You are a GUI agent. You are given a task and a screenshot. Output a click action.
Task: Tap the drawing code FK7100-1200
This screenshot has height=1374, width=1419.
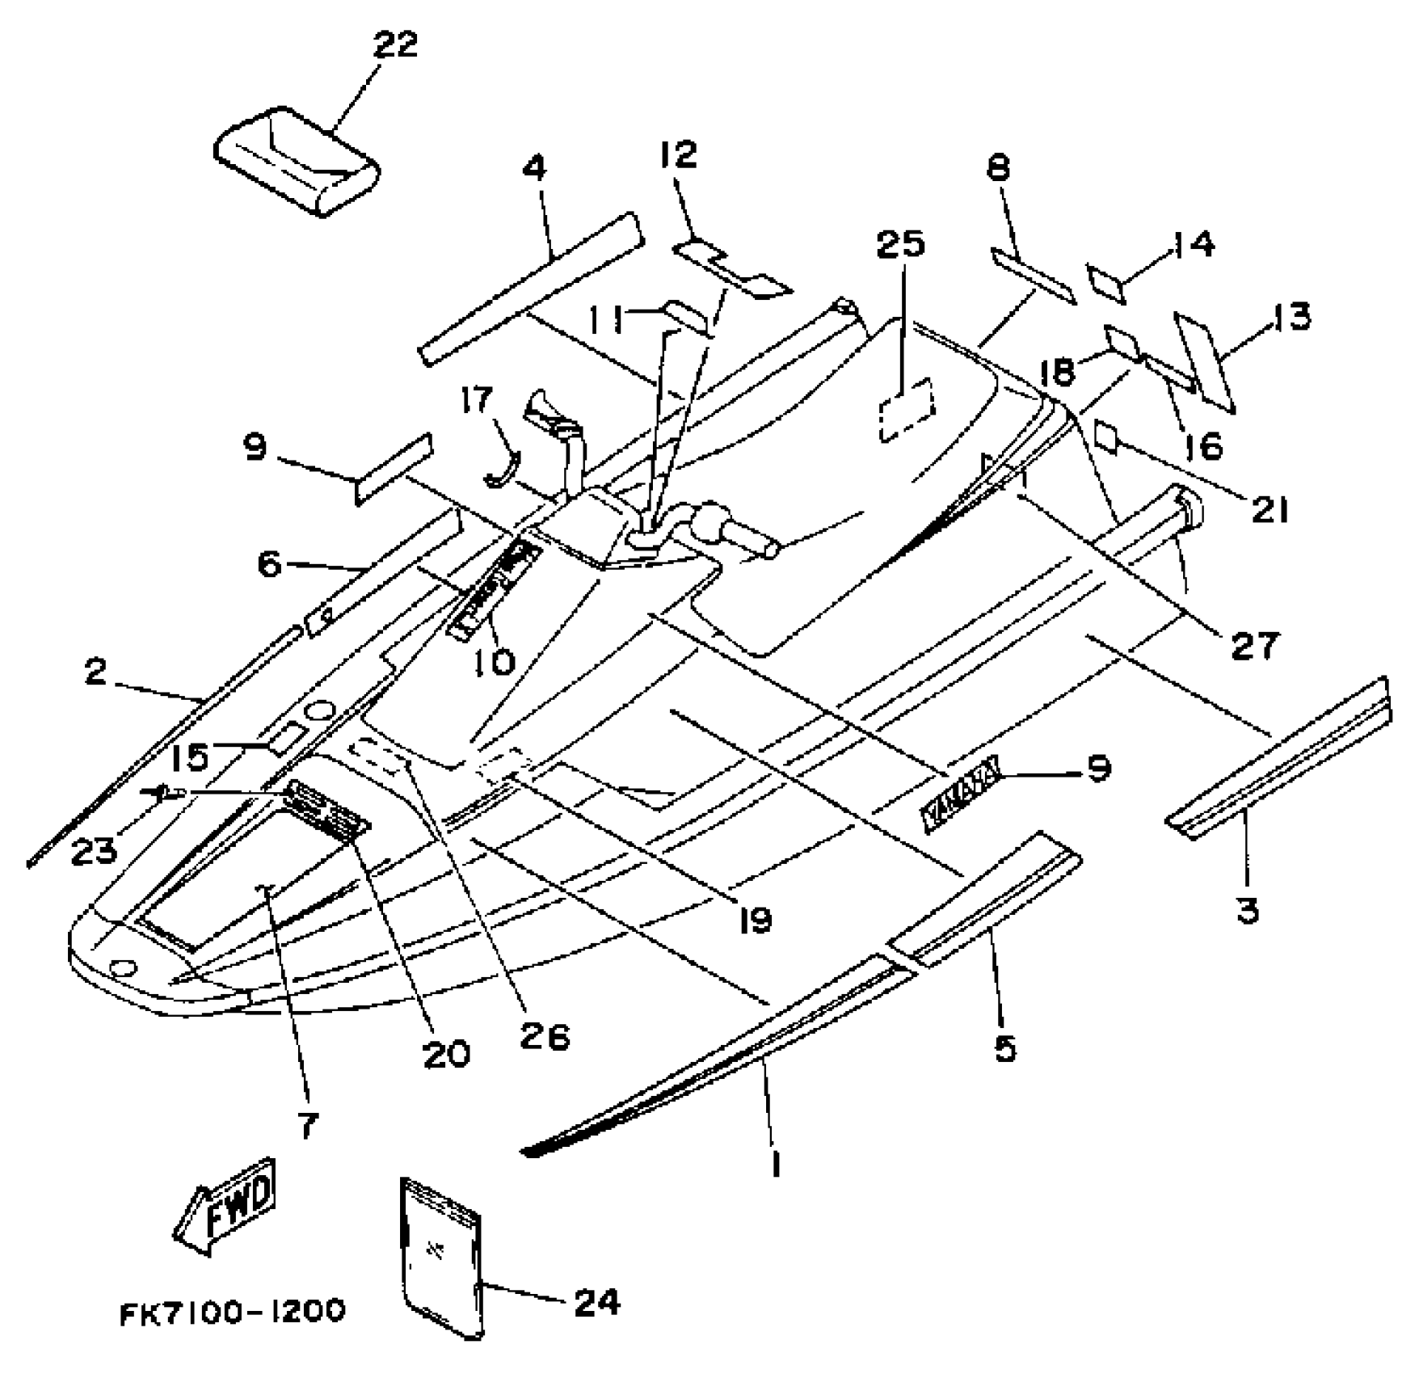click(233, 1311)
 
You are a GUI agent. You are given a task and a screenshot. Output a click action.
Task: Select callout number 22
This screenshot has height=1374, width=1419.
click(395, 45)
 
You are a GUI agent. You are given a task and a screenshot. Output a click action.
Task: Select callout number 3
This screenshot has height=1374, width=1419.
click(1248, 911)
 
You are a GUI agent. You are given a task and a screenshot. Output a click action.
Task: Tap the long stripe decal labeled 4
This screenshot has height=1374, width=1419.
click(530, 289)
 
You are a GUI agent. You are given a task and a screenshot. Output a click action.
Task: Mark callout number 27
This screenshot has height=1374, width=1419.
click(1254, 644)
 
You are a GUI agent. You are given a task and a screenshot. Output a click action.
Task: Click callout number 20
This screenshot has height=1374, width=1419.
click(447, 1052)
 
